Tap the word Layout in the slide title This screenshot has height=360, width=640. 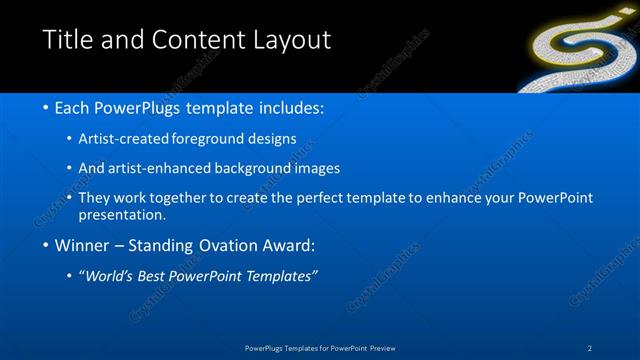tap(289, 40)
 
